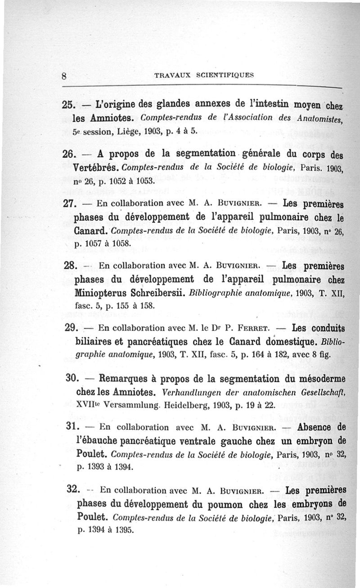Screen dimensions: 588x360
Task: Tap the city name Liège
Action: pos(128,134)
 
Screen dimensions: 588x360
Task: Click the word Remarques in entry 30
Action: pos(125,378)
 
